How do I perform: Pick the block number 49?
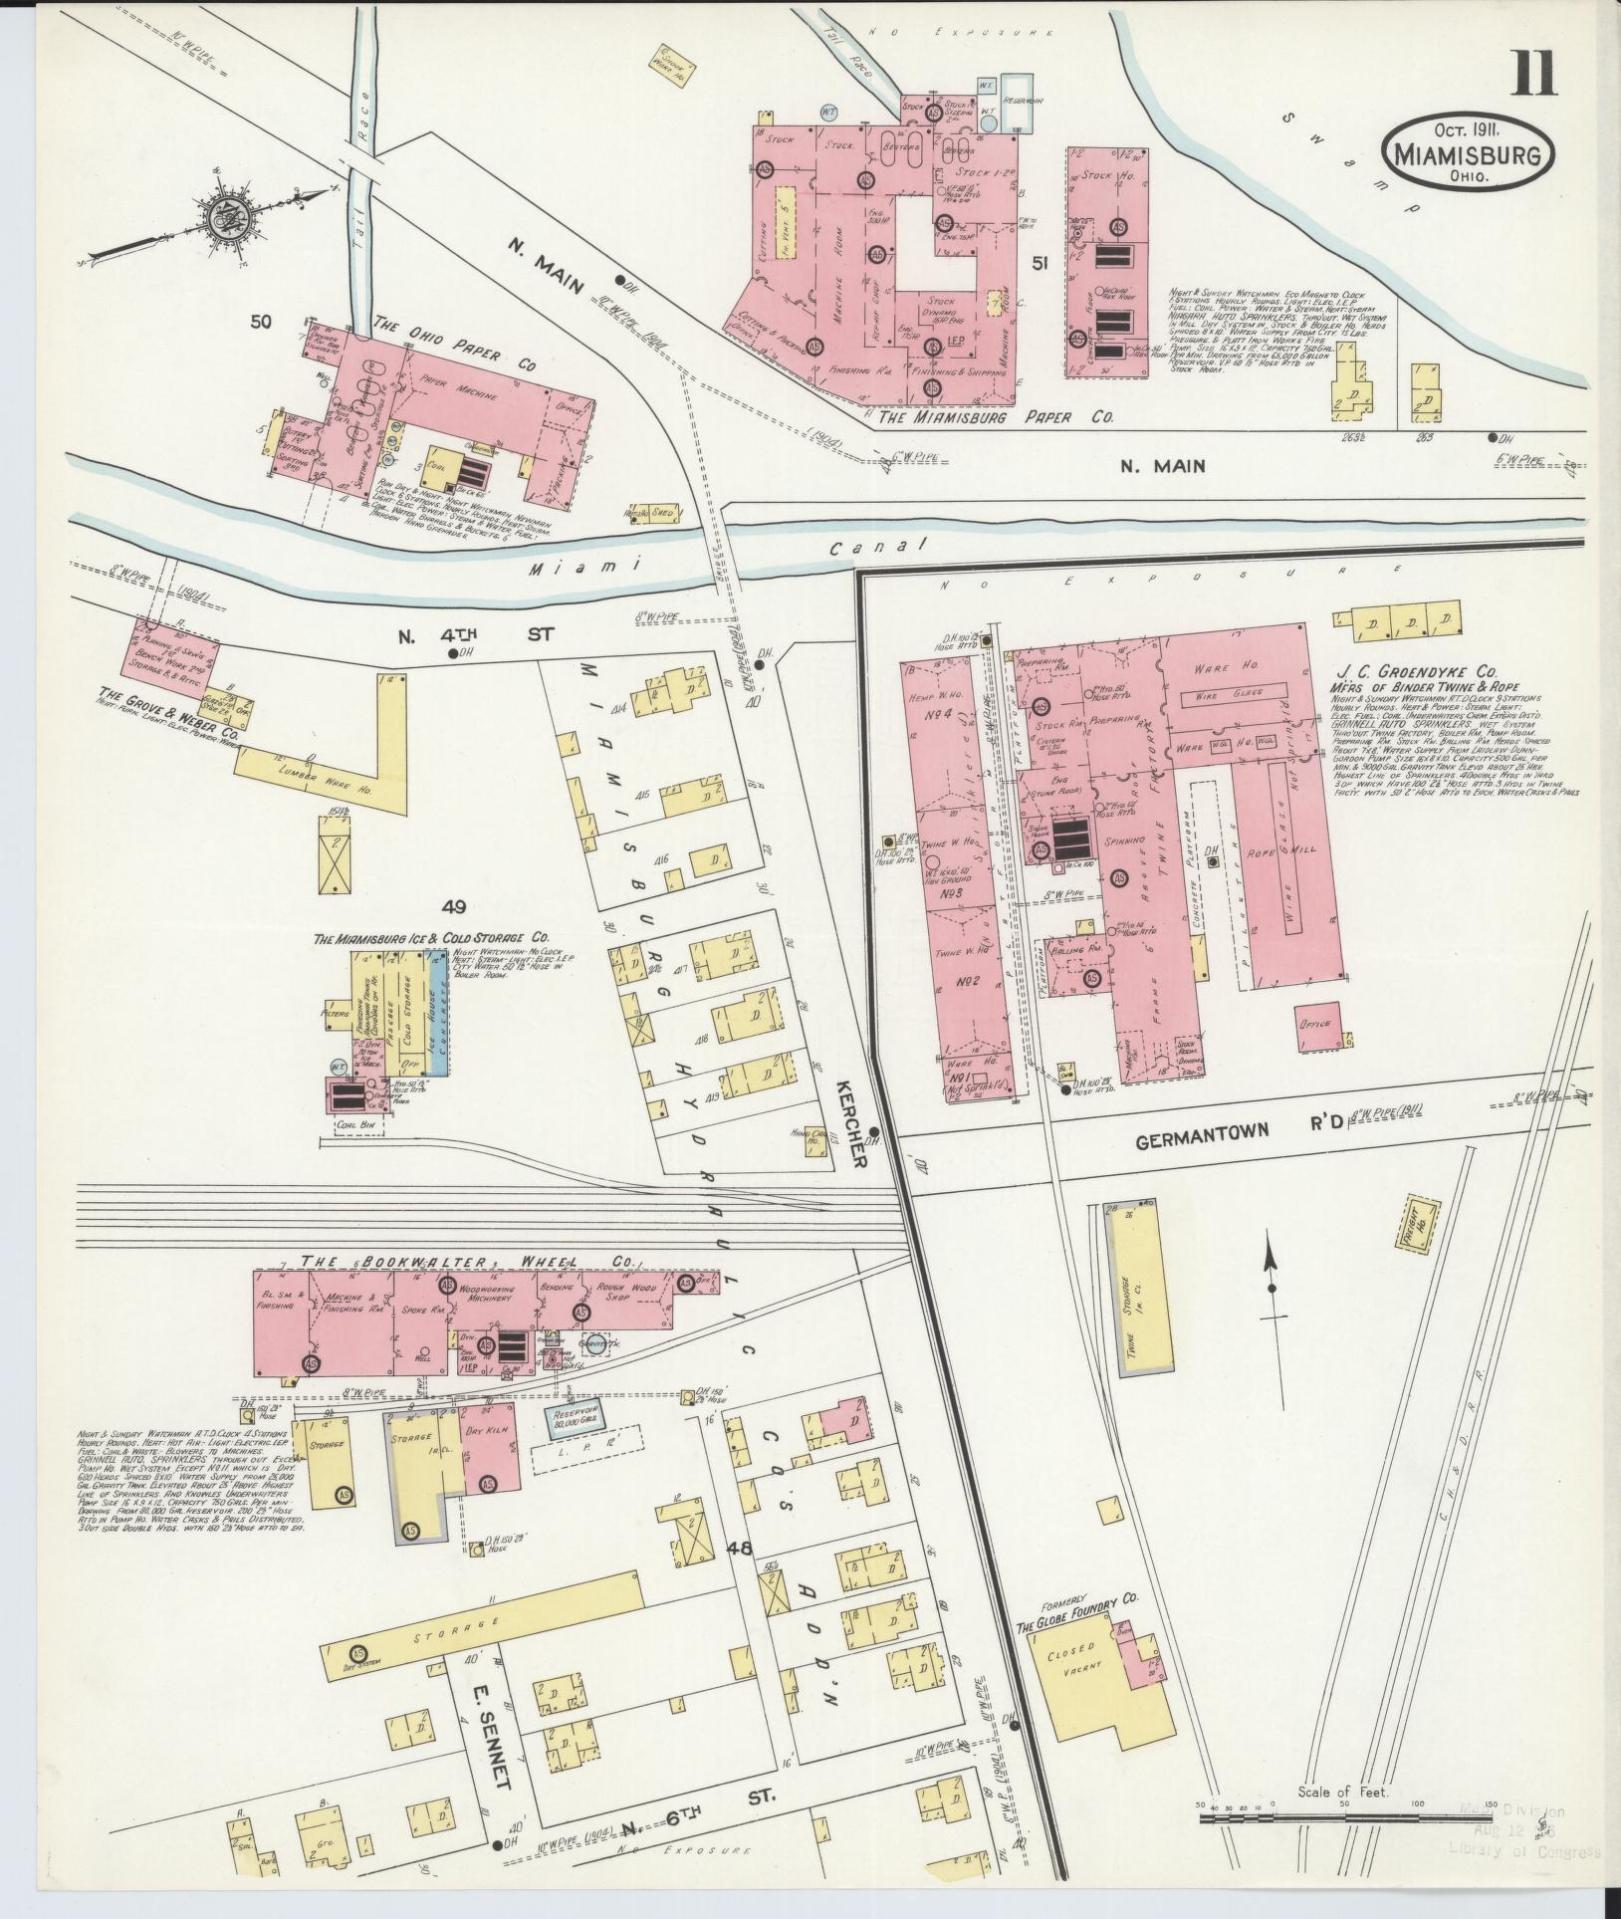click(456, 905)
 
